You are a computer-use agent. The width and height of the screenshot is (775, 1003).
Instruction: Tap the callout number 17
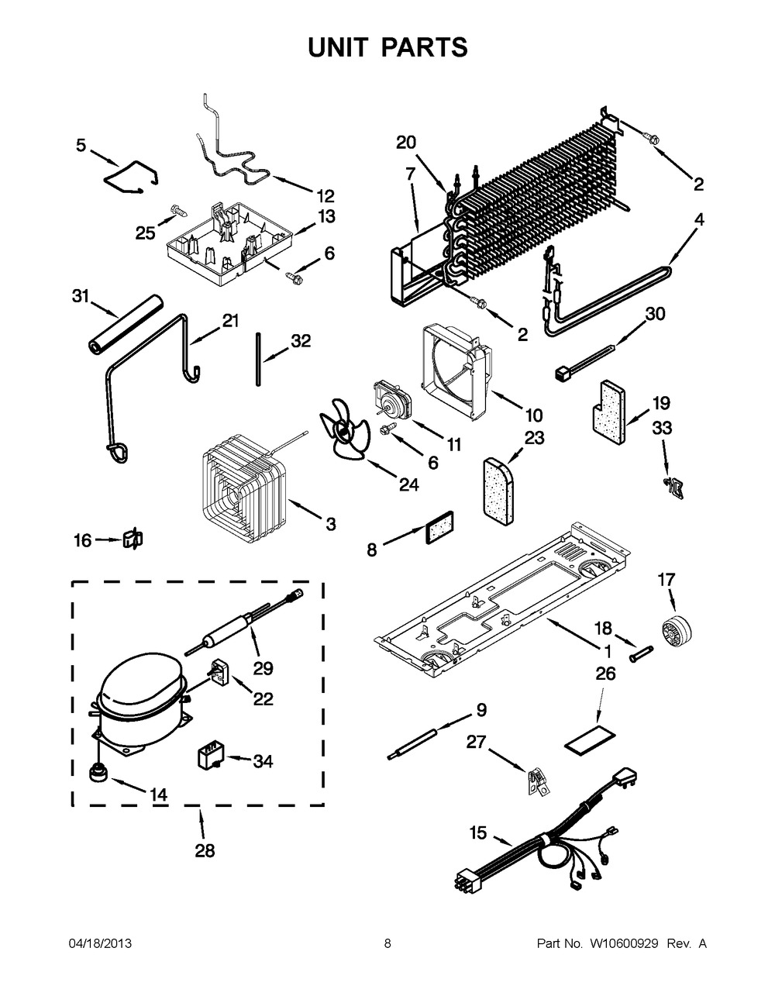click(x=666, y=579)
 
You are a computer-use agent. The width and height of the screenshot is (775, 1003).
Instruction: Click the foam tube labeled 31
click(x=125, y=326)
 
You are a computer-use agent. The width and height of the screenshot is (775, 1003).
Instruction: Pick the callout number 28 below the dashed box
click(x=204, y=851)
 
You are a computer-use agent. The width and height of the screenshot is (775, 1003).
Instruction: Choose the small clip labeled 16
click(x=134, y=539)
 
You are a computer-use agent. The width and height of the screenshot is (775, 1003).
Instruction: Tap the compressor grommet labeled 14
click(x=98, y=772)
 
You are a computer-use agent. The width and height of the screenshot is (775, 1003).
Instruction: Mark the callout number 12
click(x=325, y=195)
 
